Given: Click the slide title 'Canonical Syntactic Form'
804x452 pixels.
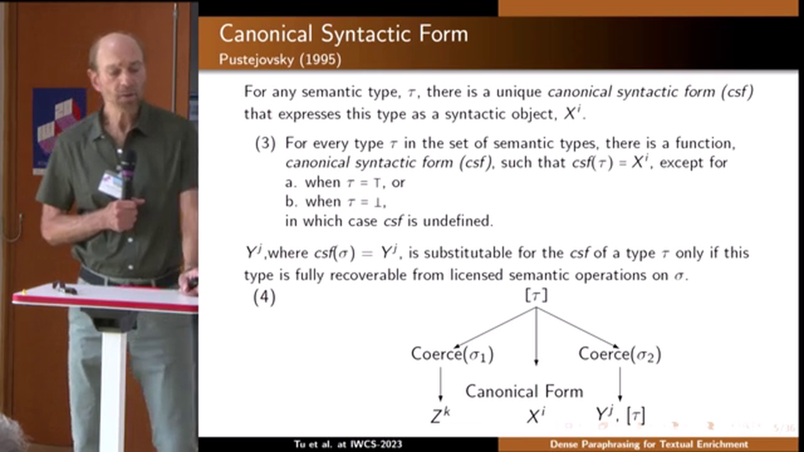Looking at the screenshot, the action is (344, 35).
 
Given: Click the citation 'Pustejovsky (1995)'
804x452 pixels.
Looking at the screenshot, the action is (280, 60).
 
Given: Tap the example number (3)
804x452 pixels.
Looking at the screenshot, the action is (265, 144).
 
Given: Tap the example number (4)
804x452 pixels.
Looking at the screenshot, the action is (264, 298).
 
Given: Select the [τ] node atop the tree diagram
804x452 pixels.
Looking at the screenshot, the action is (536, 296).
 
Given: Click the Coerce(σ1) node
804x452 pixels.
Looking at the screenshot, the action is (452, 354).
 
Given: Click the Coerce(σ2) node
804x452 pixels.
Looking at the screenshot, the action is (620, 354).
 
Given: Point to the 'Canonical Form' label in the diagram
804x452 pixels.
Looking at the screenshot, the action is (524, 391).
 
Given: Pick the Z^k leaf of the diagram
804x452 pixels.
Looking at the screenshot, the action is (440, 416).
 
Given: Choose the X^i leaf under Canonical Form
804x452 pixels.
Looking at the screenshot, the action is (536, 416).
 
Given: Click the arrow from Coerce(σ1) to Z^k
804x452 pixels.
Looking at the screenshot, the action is (440, 384).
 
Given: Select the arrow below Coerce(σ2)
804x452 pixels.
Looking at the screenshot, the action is (620, 384).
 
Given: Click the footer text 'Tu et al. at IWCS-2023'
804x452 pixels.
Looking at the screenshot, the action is (348, 444).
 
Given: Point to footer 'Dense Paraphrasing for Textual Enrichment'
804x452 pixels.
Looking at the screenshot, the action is (649, 444).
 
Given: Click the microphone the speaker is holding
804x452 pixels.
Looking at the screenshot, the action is (128, 175).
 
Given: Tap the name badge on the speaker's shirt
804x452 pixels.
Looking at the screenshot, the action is (111, 184).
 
